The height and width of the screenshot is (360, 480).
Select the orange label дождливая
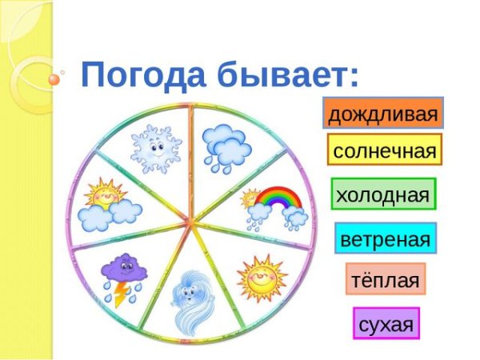[383, 114]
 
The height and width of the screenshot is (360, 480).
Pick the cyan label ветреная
[385, 238]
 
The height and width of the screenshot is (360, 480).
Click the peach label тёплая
[385, 281]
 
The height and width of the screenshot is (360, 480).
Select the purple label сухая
[386, 324]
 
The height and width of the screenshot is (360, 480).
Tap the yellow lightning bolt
[120, 296]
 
